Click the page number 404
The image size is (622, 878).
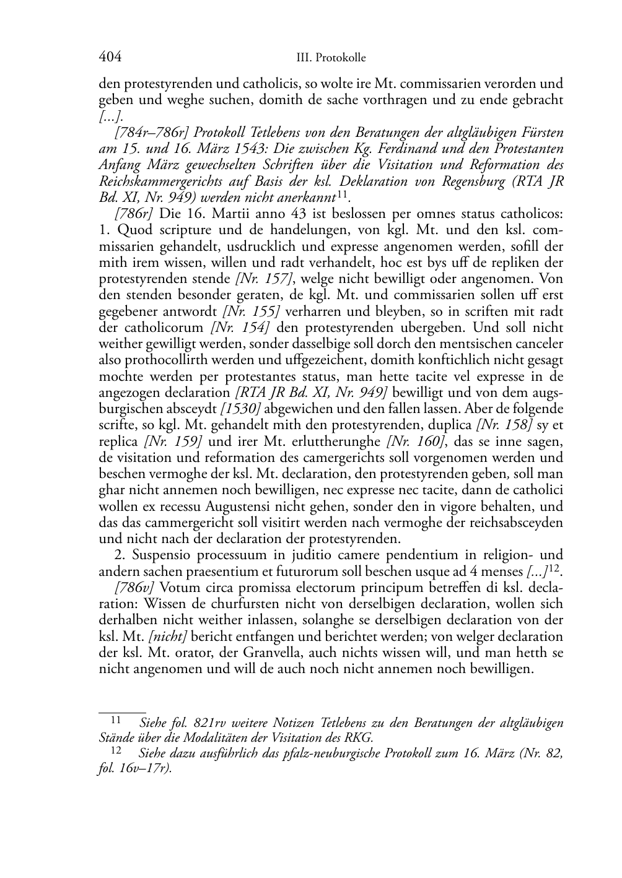[x=110, y=57]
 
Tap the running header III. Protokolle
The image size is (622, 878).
[x=331, y=58]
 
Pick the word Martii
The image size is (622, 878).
[x=239, y=214]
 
